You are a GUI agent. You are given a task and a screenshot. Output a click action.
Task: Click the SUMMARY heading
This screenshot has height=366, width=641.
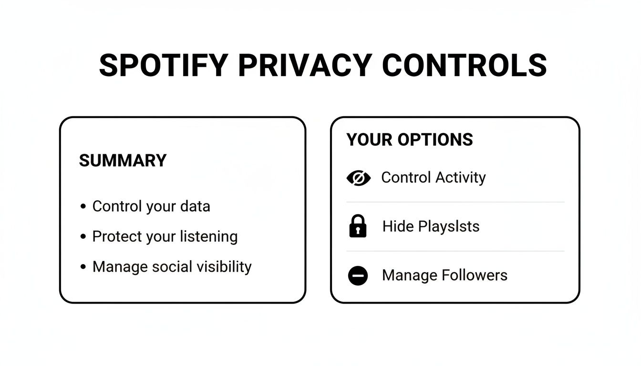click(123, 161)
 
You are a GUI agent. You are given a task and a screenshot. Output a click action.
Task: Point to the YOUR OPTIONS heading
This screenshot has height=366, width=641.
click(410, 140)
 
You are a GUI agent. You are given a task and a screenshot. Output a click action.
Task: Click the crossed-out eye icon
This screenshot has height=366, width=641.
click(358, 178)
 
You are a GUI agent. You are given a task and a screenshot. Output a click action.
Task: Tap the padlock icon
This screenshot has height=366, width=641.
click(358, 226)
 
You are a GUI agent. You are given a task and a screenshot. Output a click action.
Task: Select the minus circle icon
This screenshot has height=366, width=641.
click(358, 275)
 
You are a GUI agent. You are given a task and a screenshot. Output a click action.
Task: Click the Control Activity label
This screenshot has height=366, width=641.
click(433, 178)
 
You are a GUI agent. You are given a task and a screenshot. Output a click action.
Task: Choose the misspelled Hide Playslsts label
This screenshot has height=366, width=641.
click(431, 226)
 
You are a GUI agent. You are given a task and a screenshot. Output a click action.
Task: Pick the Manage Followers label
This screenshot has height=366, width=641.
click(445, 275)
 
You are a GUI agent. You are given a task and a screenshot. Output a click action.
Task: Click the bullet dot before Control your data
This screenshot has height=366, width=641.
click(83, 206)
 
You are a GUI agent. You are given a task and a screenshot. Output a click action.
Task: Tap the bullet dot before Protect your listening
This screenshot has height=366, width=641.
click(83, 236)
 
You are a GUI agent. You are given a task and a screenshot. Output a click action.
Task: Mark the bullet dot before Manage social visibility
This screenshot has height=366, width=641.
click(83, 266)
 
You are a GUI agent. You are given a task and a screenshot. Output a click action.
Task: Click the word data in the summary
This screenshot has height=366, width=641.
click(195, 206)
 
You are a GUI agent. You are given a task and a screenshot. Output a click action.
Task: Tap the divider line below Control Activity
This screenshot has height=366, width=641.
click(455, 202)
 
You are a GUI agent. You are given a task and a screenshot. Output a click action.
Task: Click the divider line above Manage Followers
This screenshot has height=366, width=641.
click(455, 251)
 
